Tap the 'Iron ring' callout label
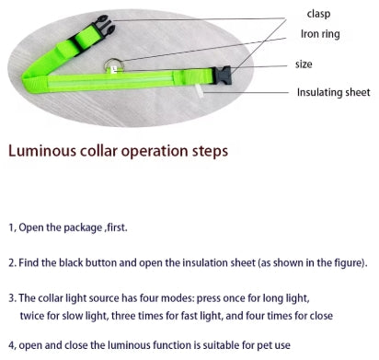click(322, 36)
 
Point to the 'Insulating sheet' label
click(332, 93)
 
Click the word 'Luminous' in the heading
click(45, 149)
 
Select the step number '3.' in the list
click(12, 299)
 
